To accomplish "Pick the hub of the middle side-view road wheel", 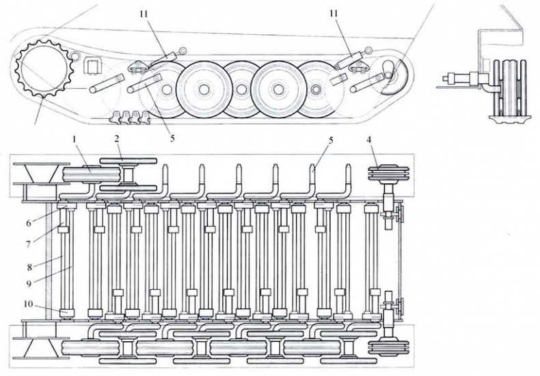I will (x=241, y=88).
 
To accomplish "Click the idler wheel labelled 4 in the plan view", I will (x=387, y=174).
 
